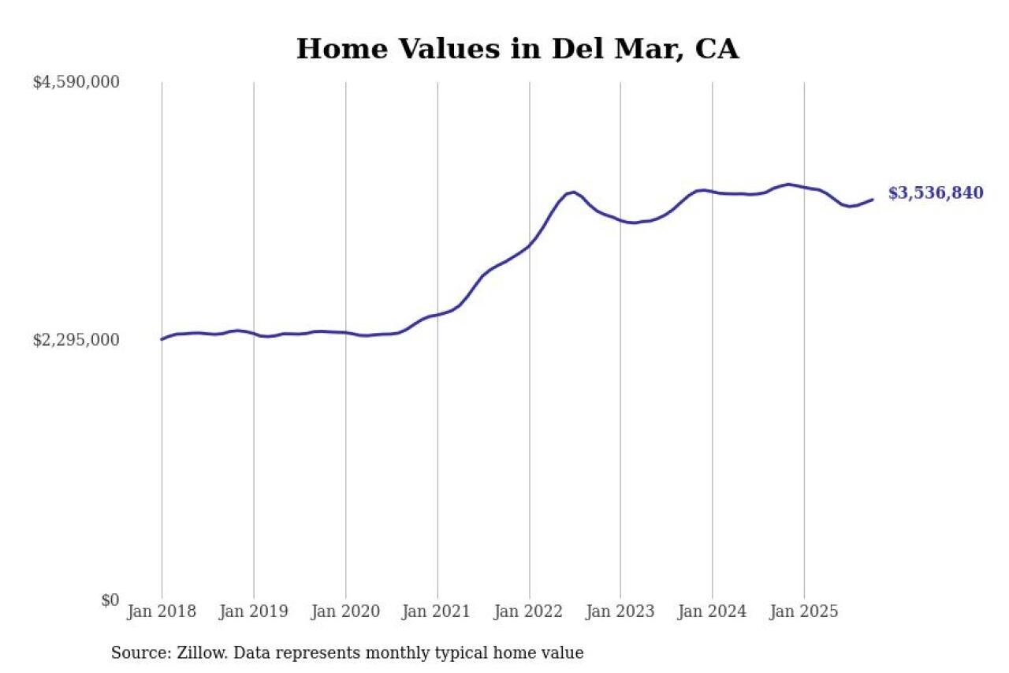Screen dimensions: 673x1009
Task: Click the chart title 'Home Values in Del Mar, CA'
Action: click(x=517, y=49)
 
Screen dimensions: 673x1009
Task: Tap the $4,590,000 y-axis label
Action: click(x=76, y=82)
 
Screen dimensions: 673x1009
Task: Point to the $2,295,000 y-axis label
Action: click(x=76, y=340)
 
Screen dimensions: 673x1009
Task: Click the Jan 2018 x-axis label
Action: click(x=162, y=612)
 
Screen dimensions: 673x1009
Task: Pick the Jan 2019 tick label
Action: click(x=253, y=612)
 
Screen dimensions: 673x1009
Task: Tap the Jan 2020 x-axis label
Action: click(x=345, y=612)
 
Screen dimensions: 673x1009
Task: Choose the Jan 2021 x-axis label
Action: click(x=437, y=612)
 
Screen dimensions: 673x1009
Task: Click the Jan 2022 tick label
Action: click(x=529, y=612)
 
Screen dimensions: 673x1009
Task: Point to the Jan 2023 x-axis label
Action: click(x=620, y=612)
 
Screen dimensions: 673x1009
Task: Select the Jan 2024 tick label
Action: click(x=713, y=612)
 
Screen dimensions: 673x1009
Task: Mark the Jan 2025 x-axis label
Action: click(x=804, y=612)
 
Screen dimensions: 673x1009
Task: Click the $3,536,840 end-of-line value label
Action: click(x=936, y=193)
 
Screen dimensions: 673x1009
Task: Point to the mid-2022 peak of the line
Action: click(x=573, y=193)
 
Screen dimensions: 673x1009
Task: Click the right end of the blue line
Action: click(x=873, y=200)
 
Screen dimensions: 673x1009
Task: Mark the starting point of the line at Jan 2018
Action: click(x=162, y=339)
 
